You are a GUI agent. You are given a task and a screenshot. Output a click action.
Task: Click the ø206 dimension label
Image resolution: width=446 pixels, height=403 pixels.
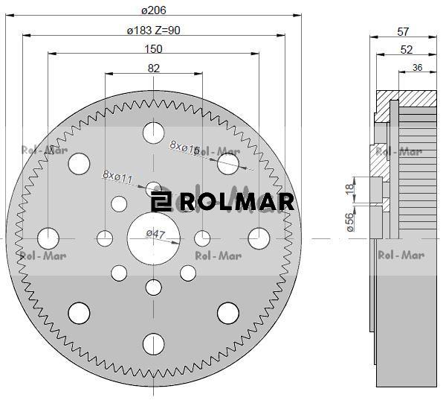click(153, 10)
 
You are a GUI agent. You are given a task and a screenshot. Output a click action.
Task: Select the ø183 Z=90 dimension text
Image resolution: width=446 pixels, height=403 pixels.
click(154, 31)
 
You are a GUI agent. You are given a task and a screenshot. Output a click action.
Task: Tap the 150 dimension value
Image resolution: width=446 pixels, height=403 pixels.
click(153, 49)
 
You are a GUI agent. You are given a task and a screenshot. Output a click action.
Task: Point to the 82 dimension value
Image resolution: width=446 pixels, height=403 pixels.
click(154, 69)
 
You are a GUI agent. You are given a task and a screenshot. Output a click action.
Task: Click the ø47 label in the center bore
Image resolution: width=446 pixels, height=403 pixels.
click(155, 234)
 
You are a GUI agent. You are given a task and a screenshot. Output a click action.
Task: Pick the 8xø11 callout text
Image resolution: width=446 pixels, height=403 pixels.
click(117, 177)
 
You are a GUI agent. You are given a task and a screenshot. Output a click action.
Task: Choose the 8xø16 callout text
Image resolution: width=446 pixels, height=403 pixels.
click(184, 147)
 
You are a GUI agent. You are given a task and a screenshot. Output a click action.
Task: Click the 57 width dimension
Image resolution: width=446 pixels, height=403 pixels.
click(404, 32)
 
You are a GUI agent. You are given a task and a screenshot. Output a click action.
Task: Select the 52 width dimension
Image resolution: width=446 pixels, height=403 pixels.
click(406, 49)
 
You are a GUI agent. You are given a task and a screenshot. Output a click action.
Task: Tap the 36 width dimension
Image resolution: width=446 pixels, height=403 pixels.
click(417, 68)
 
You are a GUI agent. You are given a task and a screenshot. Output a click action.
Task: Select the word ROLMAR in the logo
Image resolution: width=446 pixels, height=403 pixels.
click(236, 202)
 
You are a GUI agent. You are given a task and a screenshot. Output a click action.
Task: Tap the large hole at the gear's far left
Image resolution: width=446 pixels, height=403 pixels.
click(48, 238)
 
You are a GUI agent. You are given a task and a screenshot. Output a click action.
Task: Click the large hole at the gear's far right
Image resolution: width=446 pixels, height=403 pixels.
click(259, 238)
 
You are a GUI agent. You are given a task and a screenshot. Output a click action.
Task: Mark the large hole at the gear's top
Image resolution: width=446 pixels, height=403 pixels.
click(153, 133)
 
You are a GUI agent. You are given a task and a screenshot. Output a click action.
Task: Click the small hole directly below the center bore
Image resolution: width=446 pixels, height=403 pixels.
click(154, 287)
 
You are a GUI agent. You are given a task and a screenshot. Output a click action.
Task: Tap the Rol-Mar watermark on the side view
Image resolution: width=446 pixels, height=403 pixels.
click(401, 256)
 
